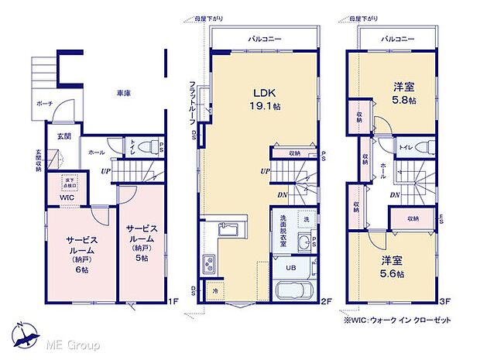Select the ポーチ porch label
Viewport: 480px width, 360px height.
[44, 102]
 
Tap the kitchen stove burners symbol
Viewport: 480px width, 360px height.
[209, 265]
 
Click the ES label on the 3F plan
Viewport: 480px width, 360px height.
[441, 219]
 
